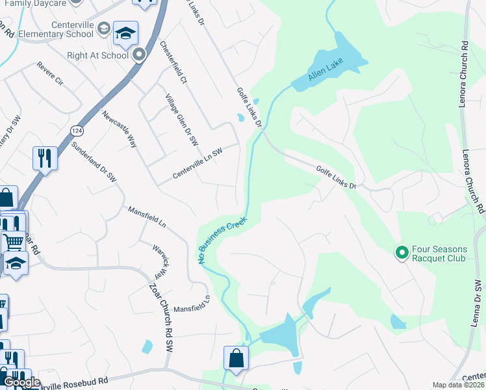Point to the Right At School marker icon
coord(138,56)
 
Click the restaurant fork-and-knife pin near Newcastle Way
coord(45,159)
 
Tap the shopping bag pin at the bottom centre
coord(236,358)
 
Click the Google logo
coord(21,382)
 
